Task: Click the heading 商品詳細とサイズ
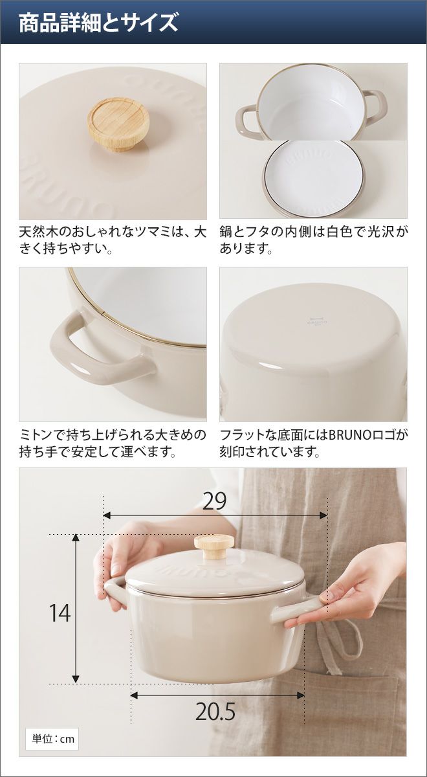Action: pos(98,23)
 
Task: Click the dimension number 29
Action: pos(214,501)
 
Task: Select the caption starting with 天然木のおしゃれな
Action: pos(113,240)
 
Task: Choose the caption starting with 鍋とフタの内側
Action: pos(313,240)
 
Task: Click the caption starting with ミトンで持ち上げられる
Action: pos(113,443)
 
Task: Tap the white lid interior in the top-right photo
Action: pos(313,177)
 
